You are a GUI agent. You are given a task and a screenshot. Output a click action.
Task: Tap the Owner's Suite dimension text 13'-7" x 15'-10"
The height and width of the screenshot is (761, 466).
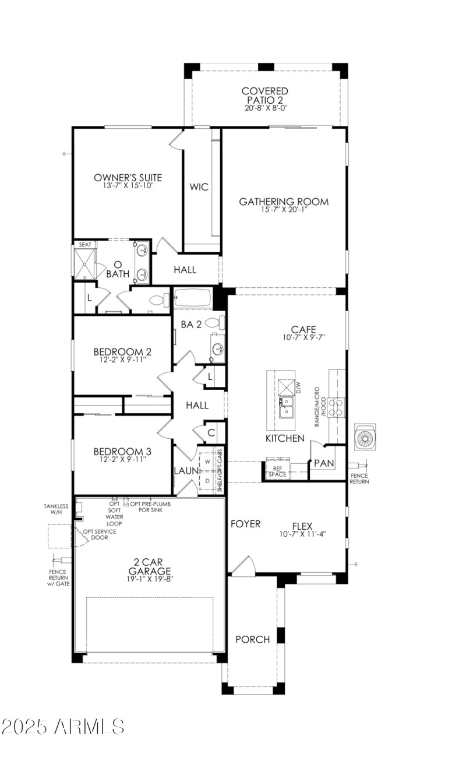tap(128, 186)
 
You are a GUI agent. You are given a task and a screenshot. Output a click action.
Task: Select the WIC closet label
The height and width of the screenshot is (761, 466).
tap(198, 187)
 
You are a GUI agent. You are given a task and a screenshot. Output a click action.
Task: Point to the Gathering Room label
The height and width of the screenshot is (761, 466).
tap(284, 202)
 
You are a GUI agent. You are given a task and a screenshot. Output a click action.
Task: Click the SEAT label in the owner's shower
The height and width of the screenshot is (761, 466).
tap(85, 245)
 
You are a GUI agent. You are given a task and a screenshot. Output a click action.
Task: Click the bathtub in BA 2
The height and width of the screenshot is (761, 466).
tap(194, 298)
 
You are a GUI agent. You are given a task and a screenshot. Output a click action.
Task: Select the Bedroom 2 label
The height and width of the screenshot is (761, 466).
tap(122, 352)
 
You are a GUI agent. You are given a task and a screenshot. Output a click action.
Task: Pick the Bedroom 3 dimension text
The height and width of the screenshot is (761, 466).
tap(122, 459)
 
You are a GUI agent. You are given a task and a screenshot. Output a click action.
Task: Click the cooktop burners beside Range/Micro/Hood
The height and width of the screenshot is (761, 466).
tap(337, 406)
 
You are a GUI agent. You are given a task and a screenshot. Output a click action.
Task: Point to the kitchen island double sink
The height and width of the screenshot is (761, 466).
tap(286, 407)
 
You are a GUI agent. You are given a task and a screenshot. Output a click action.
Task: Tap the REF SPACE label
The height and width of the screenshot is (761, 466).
tap(277, 471)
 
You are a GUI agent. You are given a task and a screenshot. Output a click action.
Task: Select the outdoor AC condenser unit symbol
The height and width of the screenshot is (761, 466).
tap(365, 437)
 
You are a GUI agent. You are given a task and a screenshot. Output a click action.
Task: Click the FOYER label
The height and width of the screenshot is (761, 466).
tap(245, 524)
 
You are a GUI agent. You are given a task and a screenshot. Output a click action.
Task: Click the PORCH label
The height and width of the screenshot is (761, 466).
tap(252, 639)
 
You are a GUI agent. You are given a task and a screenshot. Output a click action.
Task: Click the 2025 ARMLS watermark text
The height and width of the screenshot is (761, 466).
tap(63, 727)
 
